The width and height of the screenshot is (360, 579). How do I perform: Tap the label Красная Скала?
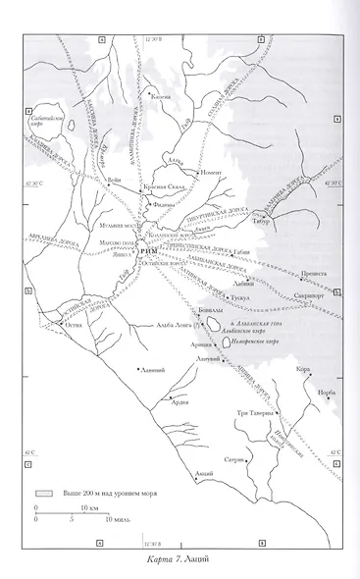coord(163,184)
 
